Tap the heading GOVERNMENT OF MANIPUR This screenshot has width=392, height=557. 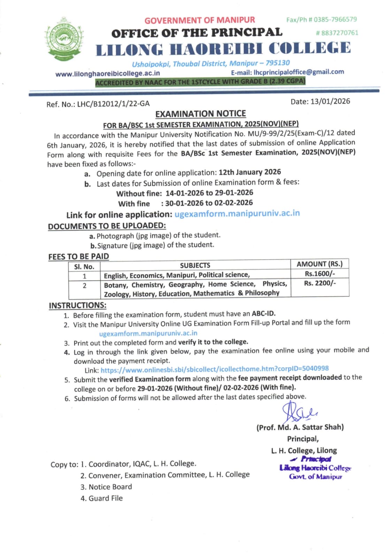[200, 20]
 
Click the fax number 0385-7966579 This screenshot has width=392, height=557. [335, 19]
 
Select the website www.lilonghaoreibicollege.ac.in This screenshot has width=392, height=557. [108, 73]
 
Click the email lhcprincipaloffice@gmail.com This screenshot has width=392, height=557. [299, 72]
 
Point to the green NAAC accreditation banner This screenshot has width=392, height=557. [200, 82]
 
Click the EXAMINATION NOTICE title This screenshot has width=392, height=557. [200, 114]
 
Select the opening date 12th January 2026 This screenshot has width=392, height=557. [249, 172]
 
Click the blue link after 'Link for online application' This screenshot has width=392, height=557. [237, 213]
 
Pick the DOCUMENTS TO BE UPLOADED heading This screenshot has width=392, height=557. [107, 226]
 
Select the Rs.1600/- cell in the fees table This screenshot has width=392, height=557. [320, 274]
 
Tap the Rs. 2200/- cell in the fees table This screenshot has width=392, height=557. [320, 283]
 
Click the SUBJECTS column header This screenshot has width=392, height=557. [195, 266]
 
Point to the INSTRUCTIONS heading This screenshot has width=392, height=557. [78, 305]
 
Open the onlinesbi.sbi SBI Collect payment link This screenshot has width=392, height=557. [215, 369]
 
